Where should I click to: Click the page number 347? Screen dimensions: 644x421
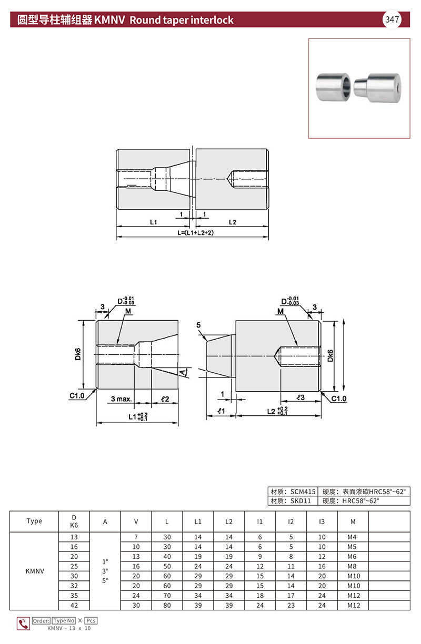(392, 20)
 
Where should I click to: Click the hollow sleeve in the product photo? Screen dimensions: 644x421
(332, 87)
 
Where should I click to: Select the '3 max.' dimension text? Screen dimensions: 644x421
(121, 400)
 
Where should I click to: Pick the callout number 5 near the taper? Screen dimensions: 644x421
(198, 325)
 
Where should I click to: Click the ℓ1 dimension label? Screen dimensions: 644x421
(220, 412)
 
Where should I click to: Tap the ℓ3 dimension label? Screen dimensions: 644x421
(300, 398)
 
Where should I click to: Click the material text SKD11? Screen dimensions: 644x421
(300, 500)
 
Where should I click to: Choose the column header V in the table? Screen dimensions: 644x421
(136, 522)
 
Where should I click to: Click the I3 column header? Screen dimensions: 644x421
(322, 522)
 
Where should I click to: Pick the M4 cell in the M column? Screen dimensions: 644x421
(352, 537)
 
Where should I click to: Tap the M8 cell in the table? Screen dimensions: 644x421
(352, 567)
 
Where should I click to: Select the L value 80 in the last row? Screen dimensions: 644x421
(167, 606)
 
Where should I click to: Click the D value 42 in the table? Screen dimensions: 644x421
(74, 606)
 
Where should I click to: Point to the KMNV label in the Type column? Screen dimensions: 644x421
(34, 571)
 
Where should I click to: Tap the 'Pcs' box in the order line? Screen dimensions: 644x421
(91, 621)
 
